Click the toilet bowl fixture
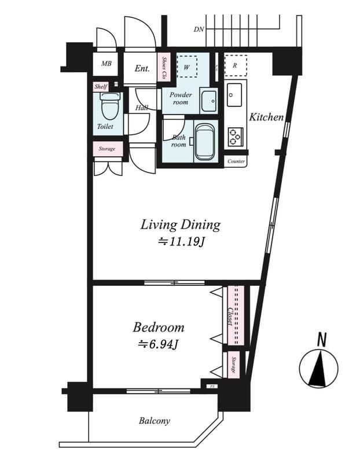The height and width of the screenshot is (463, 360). click(x=111, y=106)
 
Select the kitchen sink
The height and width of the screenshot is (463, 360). click(x=234, y=94)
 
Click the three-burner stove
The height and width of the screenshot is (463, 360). click(x=236, y=137)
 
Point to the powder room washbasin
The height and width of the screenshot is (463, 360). click(x=210, y=100)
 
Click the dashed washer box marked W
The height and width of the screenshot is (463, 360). click(x=186, y=67)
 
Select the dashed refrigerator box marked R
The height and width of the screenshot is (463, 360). click(x=236, y=65)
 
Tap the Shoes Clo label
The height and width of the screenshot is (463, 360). click(x=165, y=67)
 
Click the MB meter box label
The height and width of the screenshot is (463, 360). click(x=106, y=64)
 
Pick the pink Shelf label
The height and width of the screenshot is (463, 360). click(x=101, y=87)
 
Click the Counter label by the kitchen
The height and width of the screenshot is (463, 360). click(x=236, y=161)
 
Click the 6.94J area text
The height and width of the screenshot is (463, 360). click(x=158, y=344)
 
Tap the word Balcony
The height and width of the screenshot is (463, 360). click(x=155, y=421)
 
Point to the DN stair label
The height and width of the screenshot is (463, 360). click(x=199, y=30)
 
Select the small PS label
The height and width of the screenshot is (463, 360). click(x=212, y=386)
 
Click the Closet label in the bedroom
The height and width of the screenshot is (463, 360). click(x=230, y=317)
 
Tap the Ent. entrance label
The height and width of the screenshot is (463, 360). click(x=142, y=68)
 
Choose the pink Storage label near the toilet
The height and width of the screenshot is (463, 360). click(x=107, y=149)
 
